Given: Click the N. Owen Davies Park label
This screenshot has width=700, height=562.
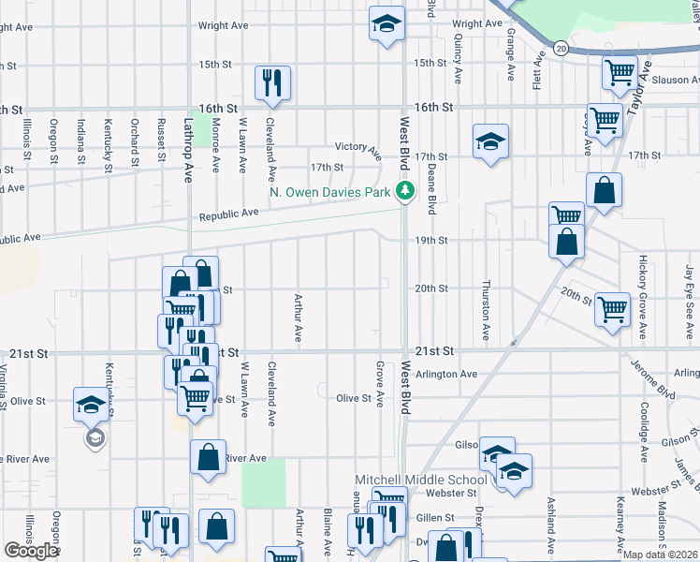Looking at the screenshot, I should pyautogui.click(x=329, y=192).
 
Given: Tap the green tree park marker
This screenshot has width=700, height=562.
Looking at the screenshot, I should pyautogui.click(x=405, y=192).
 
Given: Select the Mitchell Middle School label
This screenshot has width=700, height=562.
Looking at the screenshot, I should pyautogui.click(x=420, y=480).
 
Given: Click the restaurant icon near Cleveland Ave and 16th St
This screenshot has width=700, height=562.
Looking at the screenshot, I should pyautogui.click(x=273, y=81).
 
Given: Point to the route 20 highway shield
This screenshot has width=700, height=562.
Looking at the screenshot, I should pyautogui.click(x=561, y=47).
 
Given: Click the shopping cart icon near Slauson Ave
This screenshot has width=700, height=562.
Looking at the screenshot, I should pyautogui.click(x=620, y=72).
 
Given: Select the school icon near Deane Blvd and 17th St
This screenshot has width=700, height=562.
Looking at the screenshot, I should pyautogui.click(x=490, y=141).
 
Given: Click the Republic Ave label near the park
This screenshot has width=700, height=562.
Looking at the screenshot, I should pyautogui.click(x=228, y=214).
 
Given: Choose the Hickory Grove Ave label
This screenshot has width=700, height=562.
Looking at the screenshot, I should pyautogui.click(x=644, y=297).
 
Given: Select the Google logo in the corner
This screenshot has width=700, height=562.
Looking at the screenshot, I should pyautogui.click(x=31, y=551).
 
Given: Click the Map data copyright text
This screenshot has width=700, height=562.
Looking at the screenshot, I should pyautogui.click(x=661, y=554).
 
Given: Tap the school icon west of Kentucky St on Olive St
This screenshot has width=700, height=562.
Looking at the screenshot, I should pyautogui.click(x=92, y=404).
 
